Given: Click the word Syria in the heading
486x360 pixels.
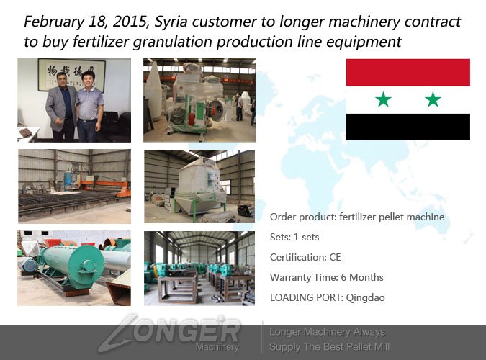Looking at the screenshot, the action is click(x=171, y=22).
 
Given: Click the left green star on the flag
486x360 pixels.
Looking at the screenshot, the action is click(x=384, y=99).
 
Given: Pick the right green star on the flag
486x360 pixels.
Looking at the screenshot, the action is click(x=433, y=99).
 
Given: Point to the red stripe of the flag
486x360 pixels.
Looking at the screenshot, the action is click(x=408, y=73).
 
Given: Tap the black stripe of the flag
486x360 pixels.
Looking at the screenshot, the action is click(x=408, y=127).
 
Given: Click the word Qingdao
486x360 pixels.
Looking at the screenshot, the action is click(x=366, y=297).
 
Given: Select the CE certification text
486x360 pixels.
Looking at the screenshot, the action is click(x=335, y=257).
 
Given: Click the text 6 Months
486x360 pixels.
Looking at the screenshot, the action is click(x=362, y=277).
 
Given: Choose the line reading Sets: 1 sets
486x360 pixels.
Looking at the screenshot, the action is click(x=294, y=237).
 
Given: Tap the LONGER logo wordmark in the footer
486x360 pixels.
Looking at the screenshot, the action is click(x=170, y=331).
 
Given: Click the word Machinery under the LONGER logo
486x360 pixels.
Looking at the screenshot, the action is click(x=217, y=347).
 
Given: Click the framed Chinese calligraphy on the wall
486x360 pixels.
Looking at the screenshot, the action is click(x=71, y=75).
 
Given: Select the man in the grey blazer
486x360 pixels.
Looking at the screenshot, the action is click(x=60, y=107).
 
